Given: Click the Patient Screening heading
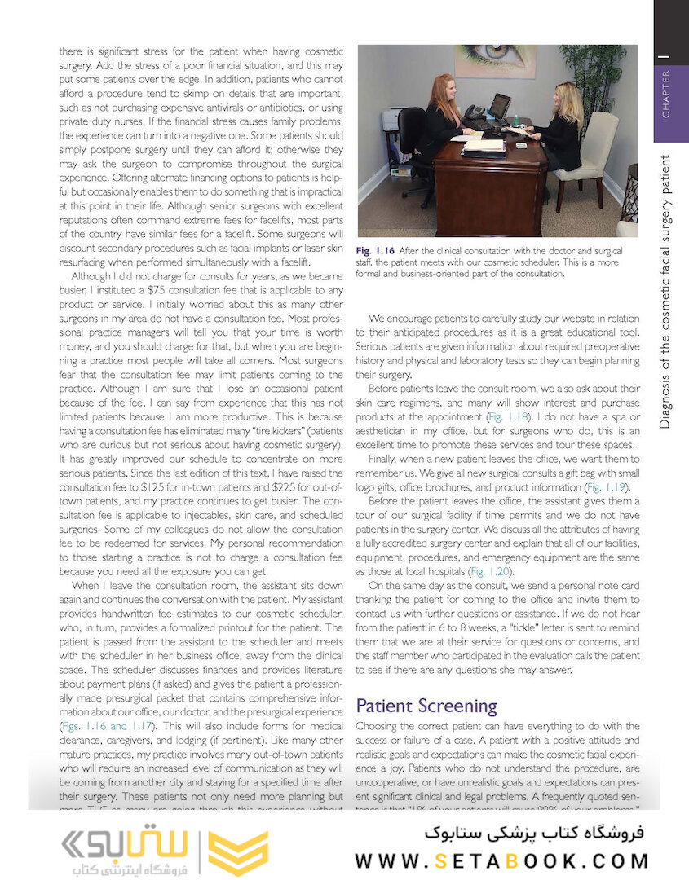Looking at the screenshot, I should tap(426, 706).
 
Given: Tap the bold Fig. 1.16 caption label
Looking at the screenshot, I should tap(376, 250).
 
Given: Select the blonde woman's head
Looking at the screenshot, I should tap(568, 98).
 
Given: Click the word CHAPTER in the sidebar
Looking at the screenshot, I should tap(666, 94).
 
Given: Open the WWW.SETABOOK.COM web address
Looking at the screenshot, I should tap(501, 861).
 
